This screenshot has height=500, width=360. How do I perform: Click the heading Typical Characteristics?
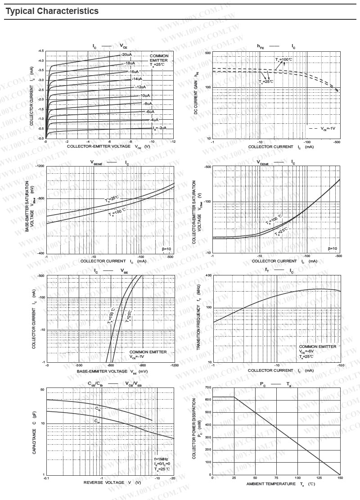52,11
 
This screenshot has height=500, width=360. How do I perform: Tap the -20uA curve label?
126,54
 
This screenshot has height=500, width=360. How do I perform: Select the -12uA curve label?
141,87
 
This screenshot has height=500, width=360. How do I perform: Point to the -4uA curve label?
154,120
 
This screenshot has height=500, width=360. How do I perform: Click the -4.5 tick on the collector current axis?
41,51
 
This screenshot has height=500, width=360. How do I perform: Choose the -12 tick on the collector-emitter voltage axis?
173,142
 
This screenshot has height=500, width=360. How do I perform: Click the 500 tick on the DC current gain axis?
208,53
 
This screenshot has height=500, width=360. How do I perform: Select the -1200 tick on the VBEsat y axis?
39,167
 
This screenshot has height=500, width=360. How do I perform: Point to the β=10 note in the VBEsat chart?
166,248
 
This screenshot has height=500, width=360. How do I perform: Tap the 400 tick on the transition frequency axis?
208,275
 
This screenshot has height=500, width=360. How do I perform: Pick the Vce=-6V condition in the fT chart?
309,351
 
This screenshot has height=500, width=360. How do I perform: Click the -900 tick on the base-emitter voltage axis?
142,365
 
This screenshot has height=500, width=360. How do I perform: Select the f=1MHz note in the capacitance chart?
161,459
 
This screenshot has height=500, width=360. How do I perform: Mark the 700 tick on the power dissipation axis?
207,387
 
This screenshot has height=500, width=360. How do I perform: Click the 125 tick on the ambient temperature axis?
319,478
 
